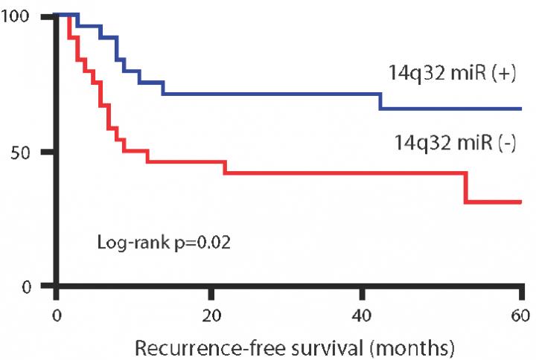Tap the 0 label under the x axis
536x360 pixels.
coord(57,312)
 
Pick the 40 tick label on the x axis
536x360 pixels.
coord(365,312)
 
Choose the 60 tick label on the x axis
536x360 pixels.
coord(519,312)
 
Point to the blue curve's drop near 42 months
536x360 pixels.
coord(380,101)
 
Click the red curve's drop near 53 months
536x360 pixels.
coord(465,187)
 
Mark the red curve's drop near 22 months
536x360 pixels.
coord(224,167)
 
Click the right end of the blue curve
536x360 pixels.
coord(520,109)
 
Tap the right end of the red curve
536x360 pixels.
coord(520,202)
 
